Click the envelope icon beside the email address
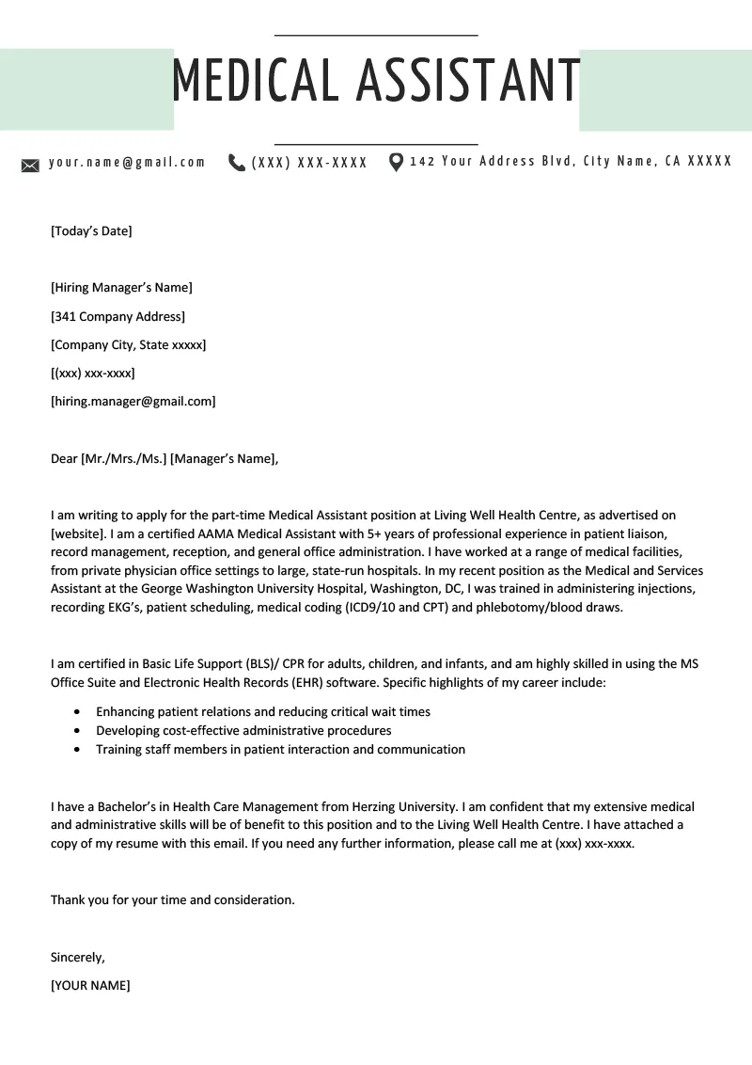(x=30, y=166)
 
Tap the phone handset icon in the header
(x=236, y=163)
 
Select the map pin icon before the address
(x=396, y=163)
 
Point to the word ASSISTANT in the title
(x=467, y=80)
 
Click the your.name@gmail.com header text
(x=127, y=162)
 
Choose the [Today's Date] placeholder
(x=91, y=230)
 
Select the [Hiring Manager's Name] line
(x=121, y=288)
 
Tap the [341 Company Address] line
(x=117, y=316)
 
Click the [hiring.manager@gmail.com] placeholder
(x=133, y=402)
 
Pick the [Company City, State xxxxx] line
(x=128, y=345)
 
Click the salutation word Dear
(x=64, y=459)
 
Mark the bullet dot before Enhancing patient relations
(x=76, y=712)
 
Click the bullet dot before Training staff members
(x=76, y=750)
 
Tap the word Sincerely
(x=77, y=958)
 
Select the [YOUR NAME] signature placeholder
(x=90, y=986)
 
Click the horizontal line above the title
(x=376, y=35)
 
